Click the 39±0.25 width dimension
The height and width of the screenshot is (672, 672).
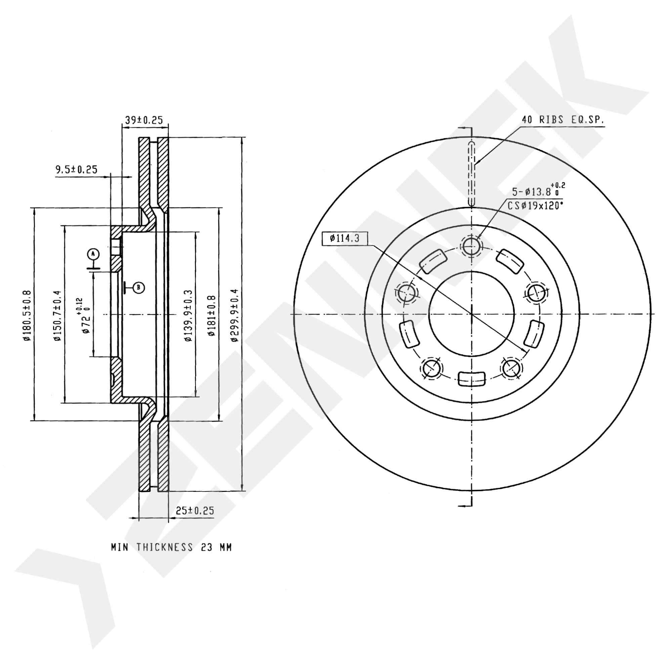point(144,120)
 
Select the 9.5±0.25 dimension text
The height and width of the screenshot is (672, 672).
point(77,170)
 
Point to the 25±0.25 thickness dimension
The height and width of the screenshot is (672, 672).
point(195,511)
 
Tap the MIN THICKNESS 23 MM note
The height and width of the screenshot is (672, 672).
point(171,547)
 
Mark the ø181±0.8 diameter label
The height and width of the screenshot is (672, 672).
point(212,316)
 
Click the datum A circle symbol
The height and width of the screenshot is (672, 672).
point(93,254)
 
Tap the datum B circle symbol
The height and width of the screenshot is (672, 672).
point(139,287)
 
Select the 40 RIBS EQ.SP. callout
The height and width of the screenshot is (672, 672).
point(563,120)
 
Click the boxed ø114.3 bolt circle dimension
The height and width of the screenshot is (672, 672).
point(345,239)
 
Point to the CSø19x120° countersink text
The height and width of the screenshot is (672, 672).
point(535,206)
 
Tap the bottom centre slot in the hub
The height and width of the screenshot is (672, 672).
point(472,379)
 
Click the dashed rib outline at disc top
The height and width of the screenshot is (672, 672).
point(471,174)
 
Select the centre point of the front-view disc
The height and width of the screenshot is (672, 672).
point(471,314)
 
